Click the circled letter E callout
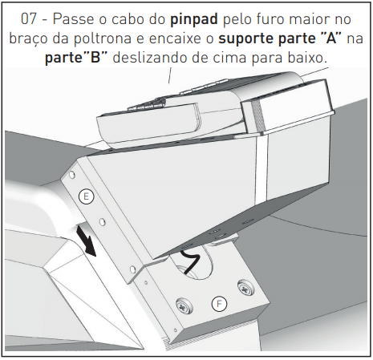pos(86,196)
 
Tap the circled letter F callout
pos(219,304)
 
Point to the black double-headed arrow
pos(86,241)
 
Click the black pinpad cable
pos(190,261)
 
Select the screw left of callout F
pos(184,306)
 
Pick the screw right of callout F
pos(245,287)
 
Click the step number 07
pos(28,19)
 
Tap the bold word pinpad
pos(194,20)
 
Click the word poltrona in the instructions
pos(103,38)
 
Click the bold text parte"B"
pos(76,58)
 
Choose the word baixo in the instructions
pos(307,57)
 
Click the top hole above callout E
pos(71,175)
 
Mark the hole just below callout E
pos(102,221)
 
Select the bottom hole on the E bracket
pos(132,269)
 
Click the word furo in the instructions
pos(270,18)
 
